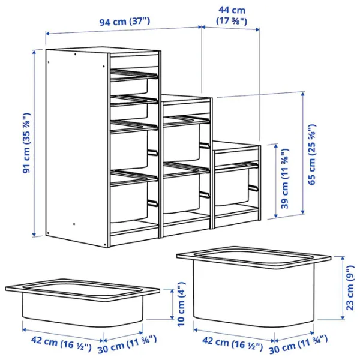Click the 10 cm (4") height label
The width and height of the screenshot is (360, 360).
click(180, 304)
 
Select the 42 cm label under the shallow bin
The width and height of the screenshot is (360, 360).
click(56, 344)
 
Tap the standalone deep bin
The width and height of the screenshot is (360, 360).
click(254, 282)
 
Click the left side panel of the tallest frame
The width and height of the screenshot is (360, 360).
click(77, 150)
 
